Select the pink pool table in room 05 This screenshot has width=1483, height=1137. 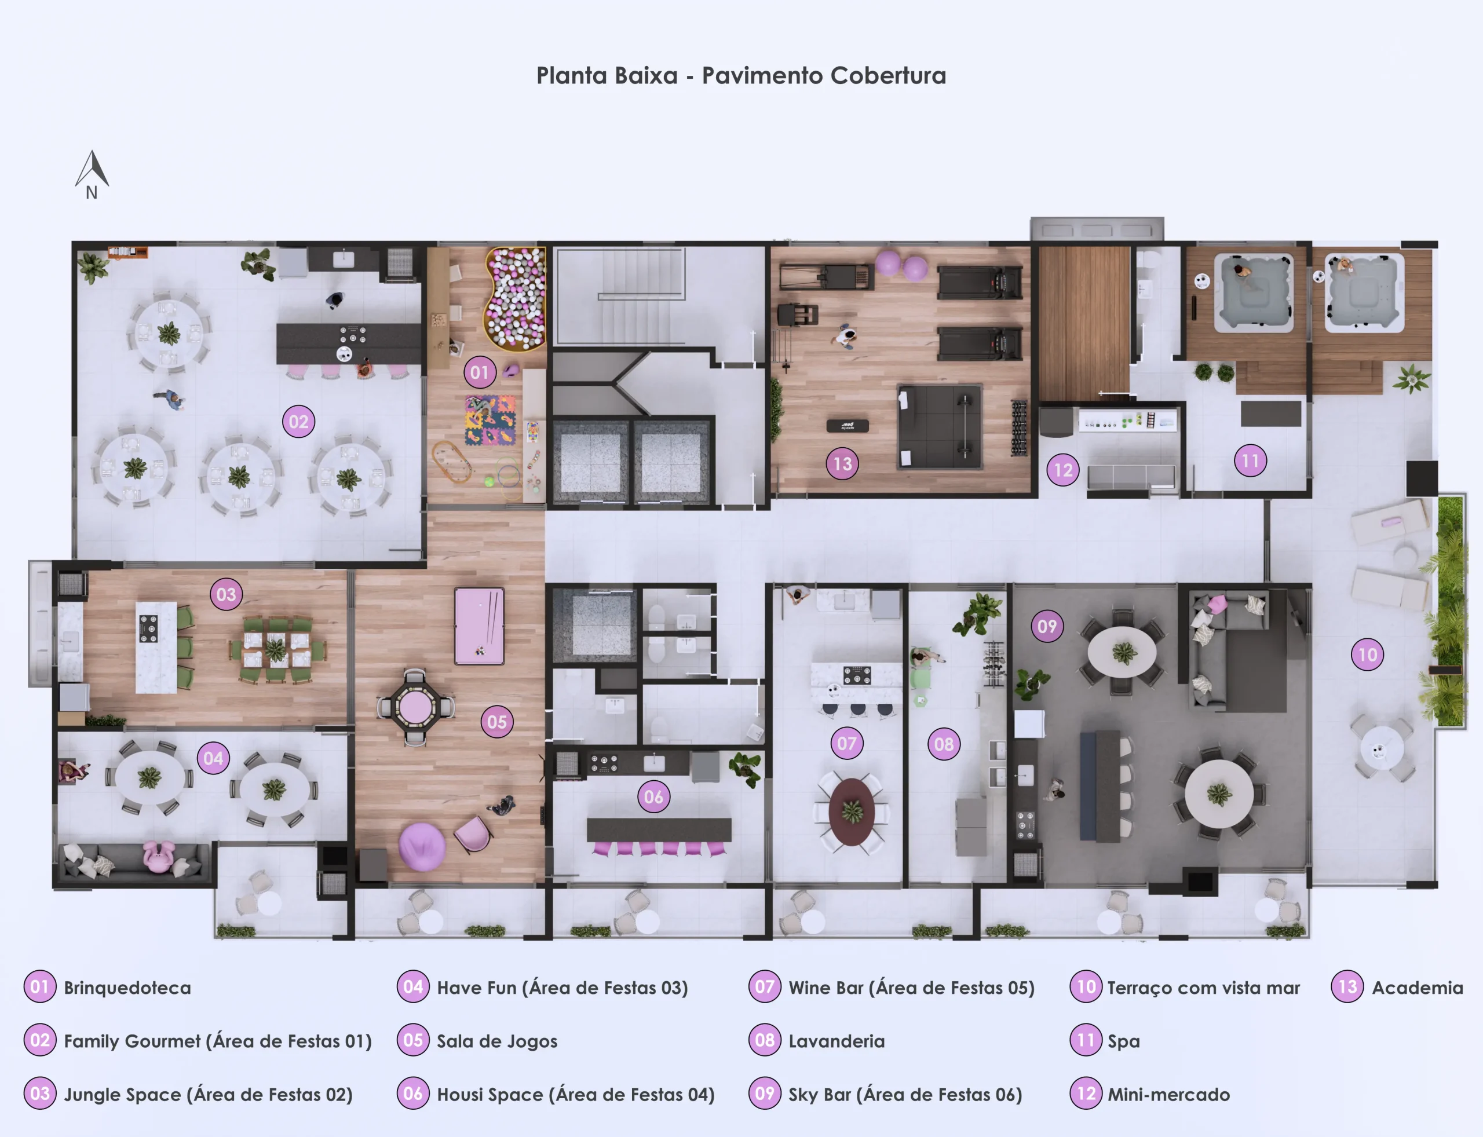(479, 626)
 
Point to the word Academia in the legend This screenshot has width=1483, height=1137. (1418, 988)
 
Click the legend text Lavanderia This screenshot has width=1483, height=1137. (837, 1041)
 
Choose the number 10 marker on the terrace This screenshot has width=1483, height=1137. (1367, 655)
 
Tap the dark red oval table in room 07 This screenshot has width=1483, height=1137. (852, 811)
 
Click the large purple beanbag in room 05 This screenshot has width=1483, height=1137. (422, 847)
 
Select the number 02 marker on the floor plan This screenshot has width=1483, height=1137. (298, 422)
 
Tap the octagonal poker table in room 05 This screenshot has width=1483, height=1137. (415, 708)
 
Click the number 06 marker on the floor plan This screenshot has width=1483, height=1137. (654, 796)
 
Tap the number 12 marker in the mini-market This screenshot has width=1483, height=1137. (1062, 470)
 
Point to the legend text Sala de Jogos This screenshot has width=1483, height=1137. (497, 1041)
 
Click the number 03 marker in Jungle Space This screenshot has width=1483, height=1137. (226, 594)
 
